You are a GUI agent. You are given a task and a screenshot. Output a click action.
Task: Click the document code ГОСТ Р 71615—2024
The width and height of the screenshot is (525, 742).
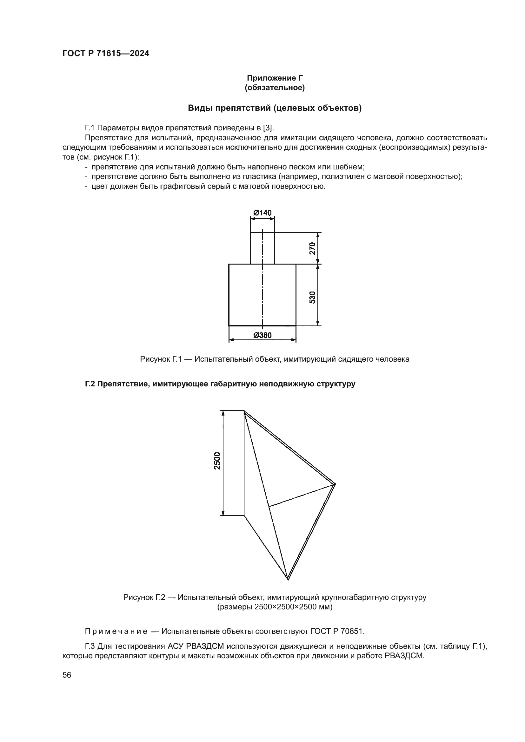coord(106,54)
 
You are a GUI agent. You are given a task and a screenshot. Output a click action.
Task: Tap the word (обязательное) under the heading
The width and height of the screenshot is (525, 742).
coord(275,88)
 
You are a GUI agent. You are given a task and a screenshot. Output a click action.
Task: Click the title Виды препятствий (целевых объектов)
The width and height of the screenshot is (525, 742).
coord(275,108)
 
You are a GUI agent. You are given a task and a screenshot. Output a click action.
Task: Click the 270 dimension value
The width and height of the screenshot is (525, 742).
coord(312,248)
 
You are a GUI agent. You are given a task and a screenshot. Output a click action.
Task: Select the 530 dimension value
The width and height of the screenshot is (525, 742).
coord(312,297)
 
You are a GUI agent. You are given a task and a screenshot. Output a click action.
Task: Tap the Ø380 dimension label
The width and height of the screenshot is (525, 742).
coord(262,335)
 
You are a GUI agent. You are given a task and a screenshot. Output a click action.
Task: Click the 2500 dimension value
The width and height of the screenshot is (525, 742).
coord(217,461)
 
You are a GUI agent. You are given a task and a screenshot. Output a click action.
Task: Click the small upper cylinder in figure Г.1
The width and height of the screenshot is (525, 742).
coord(262,248)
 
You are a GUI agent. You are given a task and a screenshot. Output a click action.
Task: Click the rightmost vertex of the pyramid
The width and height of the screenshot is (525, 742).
coord(335,484)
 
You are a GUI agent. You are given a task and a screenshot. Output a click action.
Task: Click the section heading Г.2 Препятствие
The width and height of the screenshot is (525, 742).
coord(220,384)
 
